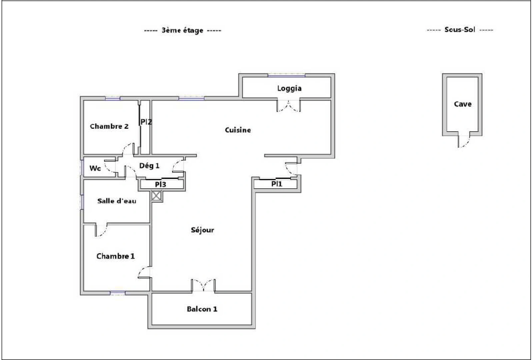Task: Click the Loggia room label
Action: pyautogui.click(x=289, y=88)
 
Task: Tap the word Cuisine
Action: pyautogui.click(x=238, y=130)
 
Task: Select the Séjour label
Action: pyautogui.click(x=202, y=230)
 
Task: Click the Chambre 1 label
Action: pyautogui.click(x=115, y=256)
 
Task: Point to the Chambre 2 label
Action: pyautogui.click(x=109, y=126)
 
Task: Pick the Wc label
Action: pyautogui.click(x=95, y=168)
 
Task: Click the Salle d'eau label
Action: pyautogui.click(x=117, y=201)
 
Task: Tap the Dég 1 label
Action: pyautogui.click(x=149, y=166)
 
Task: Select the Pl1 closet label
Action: pyautogui.click(x=276, y=184)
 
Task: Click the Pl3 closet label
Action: pyautogui.click(x=160, y=184)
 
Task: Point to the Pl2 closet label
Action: pyautogui.click(x=146, y=122)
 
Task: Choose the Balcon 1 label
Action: pyautogui.click(x=202, y=309)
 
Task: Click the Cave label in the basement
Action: pyautogui.click(x=463, y=104)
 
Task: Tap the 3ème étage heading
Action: pyautogui.click(x=182, y=30)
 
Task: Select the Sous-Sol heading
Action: pyautogui.click(x=460, y=30)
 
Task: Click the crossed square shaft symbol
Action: pyautogui.click(x=156, y=196)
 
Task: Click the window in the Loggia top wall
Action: pyautogui.click(x=286, y=76)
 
